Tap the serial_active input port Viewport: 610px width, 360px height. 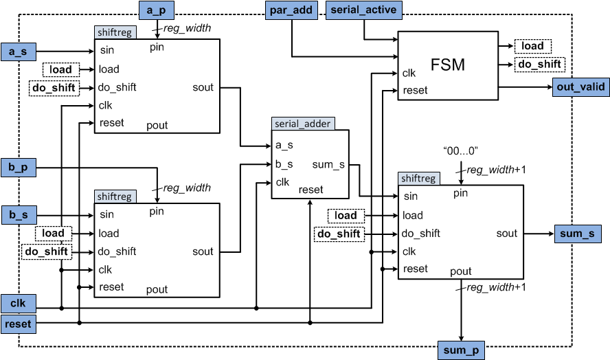(364, 10)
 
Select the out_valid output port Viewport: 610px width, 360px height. (580, 87)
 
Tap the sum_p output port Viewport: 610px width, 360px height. (461, 350)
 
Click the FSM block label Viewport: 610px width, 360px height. (447, 65)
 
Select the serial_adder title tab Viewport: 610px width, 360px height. (302, 124)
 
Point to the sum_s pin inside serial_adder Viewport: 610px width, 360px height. (327, 165)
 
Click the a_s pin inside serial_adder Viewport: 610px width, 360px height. (284, 146)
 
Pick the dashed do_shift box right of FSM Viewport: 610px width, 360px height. (539, 64)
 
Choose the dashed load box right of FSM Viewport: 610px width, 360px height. (532, 46)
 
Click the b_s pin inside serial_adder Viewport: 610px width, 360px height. (284, 164)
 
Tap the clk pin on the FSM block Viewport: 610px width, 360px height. (409, 73)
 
